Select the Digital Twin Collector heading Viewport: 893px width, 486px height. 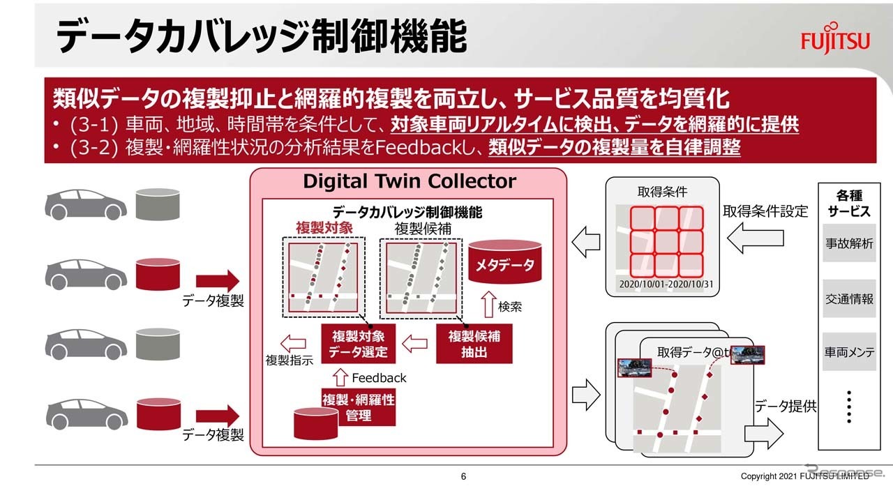[x=409, y=182]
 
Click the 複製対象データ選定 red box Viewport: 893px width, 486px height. [x=358, y=344]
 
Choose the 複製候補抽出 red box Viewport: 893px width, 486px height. [x=474, y=344]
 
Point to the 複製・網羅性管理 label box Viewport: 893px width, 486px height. [x=358, y=407]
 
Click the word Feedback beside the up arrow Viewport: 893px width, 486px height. [x=379, y=378]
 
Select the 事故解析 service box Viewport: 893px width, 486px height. [x=848, y=243]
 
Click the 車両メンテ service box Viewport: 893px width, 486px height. [x=848, y=353]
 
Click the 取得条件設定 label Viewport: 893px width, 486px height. [x=765, y=211]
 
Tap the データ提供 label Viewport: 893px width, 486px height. [x=785, y=406]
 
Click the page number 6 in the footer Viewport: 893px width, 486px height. [x=463, y=476]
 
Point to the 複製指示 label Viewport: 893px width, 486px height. [x=285, y=360]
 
